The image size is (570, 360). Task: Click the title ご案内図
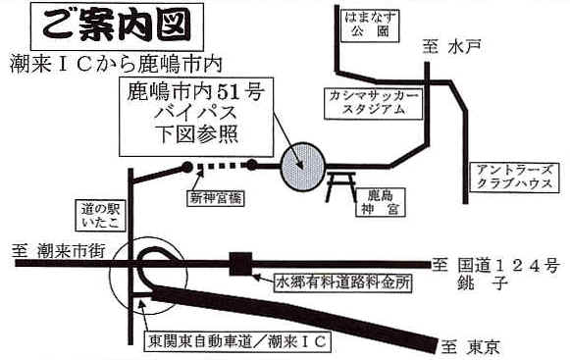tap(117, 26)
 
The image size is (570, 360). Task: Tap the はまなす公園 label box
tap(370, 26)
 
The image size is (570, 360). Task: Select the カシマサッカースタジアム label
tap(374, 103)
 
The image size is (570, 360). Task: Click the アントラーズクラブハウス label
tap(514, 178)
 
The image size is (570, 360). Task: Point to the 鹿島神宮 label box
tap(381, 202)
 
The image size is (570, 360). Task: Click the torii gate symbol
tap(341, 186)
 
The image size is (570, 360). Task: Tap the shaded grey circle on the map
tap(303, 167)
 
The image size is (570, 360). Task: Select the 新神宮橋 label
tap(216, 198)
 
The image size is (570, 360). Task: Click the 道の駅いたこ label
tap(100, 216)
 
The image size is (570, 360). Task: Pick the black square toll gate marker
tap(240, 264)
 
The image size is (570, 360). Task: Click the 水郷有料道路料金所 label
tap(343, 283)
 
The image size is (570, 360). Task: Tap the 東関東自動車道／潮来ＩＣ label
tap(237, 341)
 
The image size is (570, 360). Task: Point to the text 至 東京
tap(471, 346)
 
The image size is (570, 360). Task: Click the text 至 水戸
tap(452, 47)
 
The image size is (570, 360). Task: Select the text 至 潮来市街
tap(58, 251)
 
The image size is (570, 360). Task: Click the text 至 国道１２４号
tap(495, 266)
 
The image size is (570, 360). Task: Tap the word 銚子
tap(482, 283)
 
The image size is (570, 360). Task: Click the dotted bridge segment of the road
tap(222, 166)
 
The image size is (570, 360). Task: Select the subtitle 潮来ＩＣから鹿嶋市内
tap(117, 64)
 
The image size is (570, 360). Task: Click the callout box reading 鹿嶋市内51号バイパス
tap(196, 117)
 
